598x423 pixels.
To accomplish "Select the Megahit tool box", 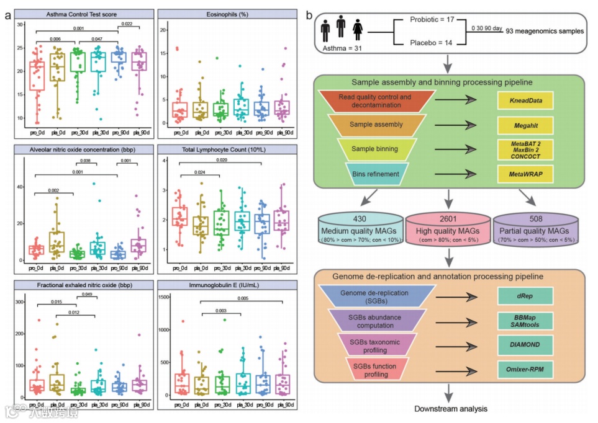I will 525,125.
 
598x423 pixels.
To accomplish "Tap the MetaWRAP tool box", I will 525,175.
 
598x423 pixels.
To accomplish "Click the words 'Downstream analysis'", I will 450,409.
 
